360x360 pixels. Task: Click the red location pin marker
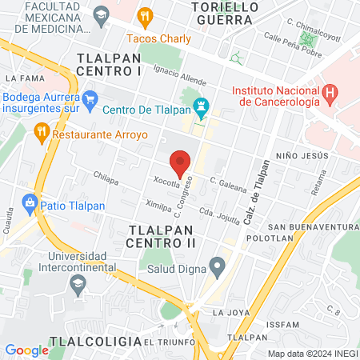(180, 163)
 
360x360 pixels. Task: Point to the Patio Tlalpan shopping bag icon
(30, 204)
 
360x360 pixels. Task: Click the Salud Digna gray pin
(216, 266)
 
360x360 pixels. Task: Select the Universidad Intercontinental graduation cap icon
(78, 282)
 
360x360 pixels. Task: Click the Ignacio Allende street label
(175, 76)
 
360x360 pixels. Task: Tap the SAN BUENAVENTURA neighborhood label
(314, 228)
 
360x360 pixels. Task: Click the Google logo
(26, 350)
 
